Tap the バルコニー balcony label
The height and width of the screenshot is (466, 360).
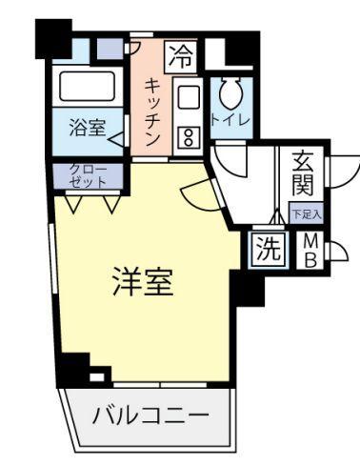150,416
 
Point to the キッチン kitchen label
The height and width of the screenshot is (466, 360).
150,111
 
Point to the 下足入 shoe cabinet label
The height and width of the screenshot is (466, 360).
306,213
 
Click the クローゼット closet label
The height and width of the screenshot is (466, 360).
86,174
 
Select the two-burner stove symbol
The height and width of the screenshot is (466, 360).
187,136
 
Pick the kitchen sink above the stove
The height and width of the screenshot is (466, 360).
187,99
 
